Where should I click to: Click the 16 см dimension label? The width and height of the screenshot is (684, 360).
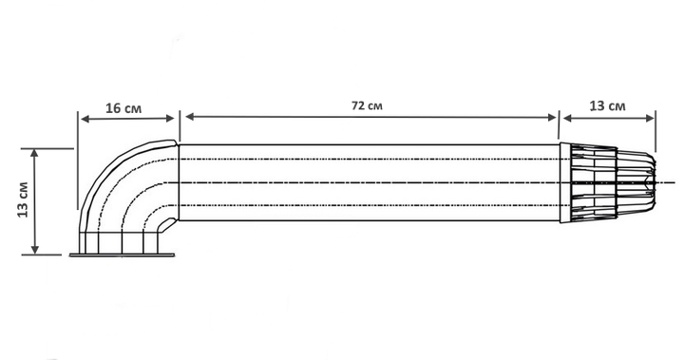pos(123,107)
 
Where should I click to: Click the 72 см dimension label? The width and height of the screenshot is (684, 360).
pos(367,105)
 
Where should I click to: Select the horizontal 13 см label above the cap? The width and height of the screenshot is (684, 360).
pos(607,106)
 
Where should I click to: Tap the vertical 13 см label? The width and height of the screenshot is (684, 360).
pos(23,199)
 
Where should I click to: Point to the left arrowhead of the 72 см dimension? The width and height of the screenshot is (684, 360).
pos(190,117)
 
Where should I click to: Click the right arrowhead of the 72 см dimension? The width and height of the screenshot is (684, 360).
pos(552,118)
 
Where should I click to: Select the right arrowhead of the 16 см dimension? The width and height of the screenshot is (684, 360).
pos(170,118)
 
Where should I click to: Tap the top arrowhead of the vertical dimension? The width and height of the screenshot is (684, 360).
pos(35,153)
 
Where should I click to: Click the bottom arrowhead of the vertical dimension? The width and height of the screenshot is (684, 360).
pos(35,249)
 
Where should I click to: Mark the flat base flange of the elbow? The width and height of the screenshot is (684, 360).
pos(123,255)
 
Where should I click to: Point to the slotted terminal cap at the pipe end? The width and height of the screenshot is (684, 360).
pos(608,182)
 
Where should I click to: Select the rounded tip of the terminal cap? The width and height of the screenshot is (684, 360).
pos(652,182)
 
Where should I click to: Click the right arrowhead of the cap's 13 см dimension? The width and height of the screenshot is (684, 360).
pos(650,118)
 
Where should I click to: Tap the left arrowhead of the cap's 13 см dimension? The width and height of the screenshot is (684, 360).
pos(567,118)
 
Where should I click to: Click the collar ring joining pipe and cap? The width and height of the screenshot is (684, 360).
pos(565,182)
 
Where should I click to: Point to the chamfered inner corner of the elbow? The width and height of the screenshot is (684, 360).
pos(164,224)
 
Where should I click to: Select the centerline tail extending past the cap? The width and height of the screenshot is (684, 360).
pos(666,182)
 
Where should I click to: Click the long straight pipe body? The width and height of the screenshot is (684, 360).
pos(369,182)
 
